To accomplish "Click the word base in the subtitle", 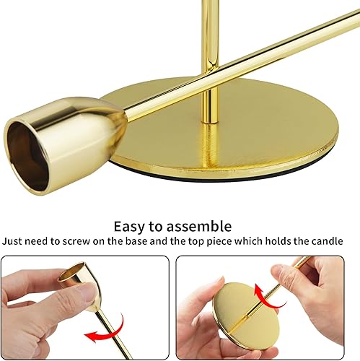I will tap(162, 241).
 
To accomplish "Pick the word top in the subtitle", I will tap(224, 241).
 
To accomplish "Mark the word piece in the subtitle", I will tap(248, 241).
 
